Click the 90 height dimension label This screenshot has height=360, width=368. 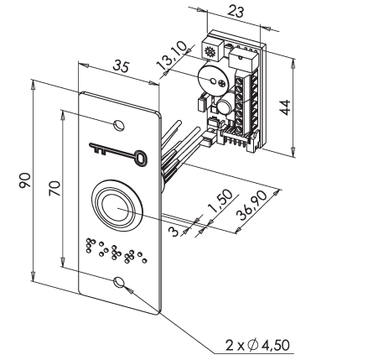tap(24, 180)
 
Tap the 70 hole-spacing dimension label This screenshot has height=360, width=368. tap(54, 188)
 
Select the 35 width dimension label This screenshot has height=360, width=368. tap(122, 66)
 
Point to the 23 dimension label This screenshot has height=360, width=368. tap(236, 12)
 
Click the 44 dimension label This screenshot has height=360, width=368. tap(286, 107)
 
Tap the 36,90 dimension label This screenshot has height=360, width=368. tap(251, 206)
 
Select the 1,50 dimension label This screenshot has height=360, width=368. tap(220, 201)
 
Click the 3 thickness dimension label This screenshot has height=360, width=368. tap(174, 232)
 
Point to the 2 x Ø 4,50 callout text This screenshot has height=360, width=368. tap(257, 345)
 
